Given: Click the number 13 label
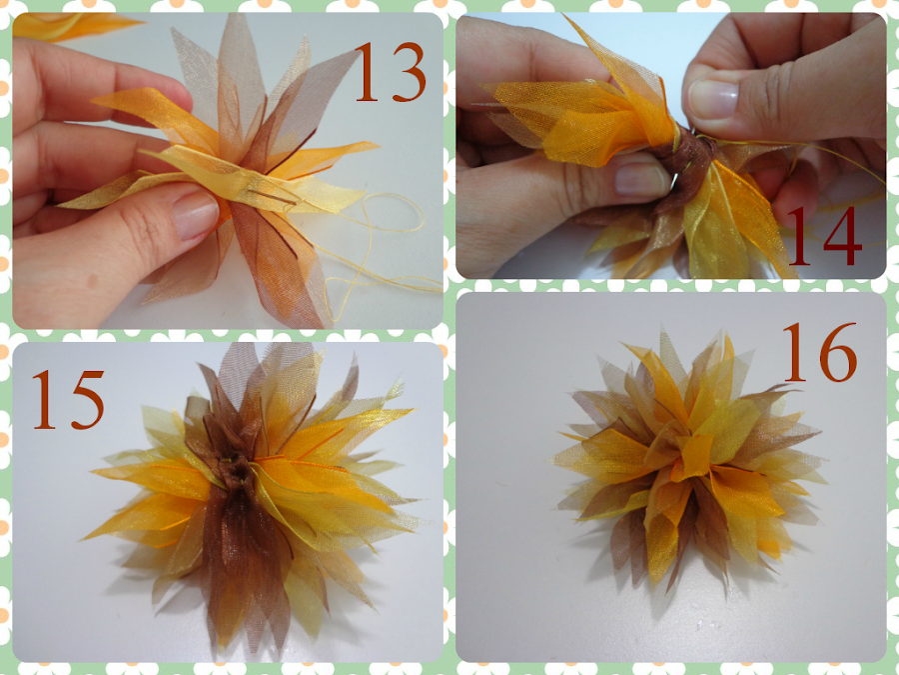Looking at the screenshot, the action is click(391, 73).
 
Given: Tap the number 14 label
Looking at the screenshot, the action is click(825, 236).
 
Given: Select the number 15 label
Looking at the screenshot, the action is click(68, 400).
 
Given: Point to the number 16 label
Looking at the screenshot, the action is click(820, 352).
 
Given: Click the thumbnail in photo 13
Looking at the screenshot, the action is click(196, 215).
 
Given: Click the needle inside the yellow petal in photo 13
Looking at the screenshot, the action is click(276, 198).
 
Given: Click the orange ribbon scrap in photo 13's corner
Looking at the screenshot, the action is click(75, 25).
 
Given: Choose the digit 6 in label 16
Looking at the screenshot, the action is click(838, 352).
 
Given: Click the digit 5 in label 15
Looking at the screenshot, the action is click(88, 400).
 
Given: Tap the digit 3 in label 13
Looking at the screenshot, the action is click(409, 73).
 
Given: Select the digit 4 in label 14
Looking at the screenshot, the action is click(843, 236).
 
